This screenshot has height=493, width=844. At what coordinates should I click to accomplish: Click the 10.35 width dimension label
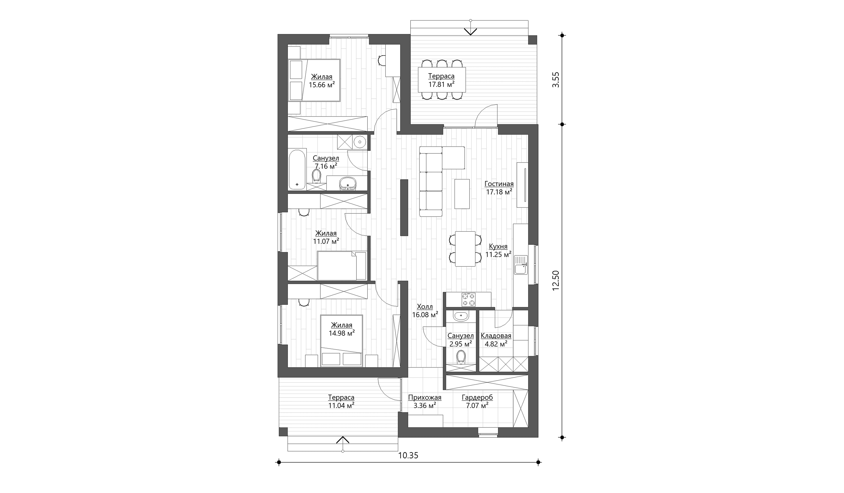pos(408,456)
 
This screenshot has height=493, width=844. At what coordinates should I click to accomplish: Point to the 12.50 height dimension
pos(556,281)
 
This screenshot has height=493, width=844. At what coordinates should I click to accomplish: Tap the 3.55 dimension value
pos(556,80)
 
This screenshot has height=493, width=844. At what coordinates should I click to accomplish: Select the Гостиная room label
pos(499,184)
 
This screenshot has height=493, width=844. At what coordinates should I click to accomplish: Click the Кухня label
pos(498,246)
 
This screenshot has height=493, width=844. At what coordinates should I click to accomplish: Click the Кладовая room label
pos(496,336)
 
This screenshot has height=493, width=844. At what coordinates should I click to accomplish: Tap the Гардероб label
pos(477,397)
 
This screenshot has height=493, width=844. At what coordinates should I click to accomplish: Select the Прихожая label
pos(425,397)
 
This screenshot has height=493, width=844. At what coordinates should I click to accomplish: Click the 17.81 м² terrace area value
pos(441,84)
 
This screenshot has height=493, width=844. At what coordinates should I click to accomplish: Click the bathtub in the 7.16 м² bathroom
pos(297,170)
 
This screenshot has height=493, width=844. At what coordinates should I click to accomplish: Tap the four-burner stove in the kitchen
pos(468,299)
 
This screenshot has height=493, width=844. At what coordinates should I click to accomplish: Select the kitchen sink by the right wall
pos(521,264)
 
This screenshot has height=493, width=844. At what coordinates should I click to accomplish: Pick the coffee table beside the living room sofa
pos(462,194)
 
